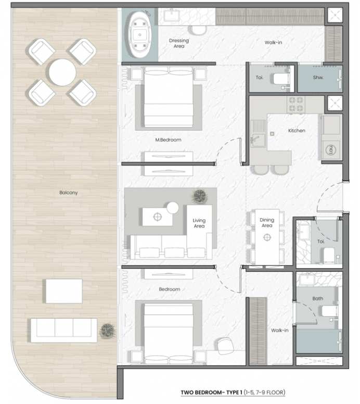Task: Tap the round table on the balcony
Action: pos(62,72)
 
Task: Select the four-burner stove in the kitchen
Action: pos(296,104)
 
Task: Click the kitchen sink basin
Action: pos(258,141)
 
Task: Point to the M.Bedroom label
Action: pos(168,140)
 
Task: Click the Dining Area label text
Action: pos(267,223)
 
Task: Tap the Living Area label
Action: pos(199,223)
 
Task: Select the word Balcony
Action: pos(69,193)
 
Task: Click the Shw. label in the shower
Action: pos(318,77)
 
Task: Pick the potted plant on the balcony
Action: pos(108,331)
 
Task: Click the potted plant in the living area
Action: pos(199,197)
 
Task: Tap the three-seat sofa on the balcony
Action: pos(64,330)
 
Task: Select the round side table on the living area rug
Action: pos(173,208)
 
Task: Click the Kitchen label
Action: pos(297,131)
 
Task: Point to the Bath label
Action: pos(317,298)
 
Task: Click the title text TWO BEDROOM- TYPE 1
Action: pos(211,393)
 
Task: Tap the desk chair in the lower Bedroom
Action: pos(225,346)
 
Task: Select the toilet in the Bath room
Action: pos(329,311)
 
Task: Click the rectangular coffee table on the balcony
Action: pos(64,291)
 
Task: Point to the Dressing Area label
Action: pos(179,43)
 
